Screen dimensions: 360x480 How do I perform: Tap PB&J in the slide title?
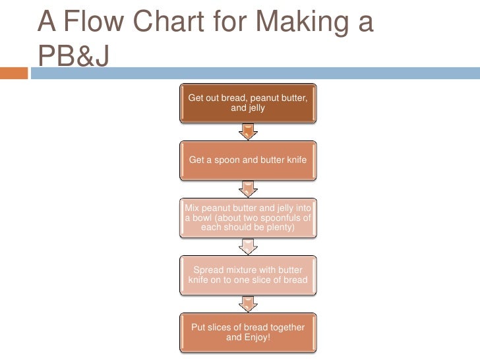coord(73,57)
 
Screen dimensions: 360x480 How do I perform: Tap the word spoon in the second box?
coord(225,160)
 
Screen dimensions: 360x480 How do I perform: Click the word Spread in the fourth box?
coord(210,270)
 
